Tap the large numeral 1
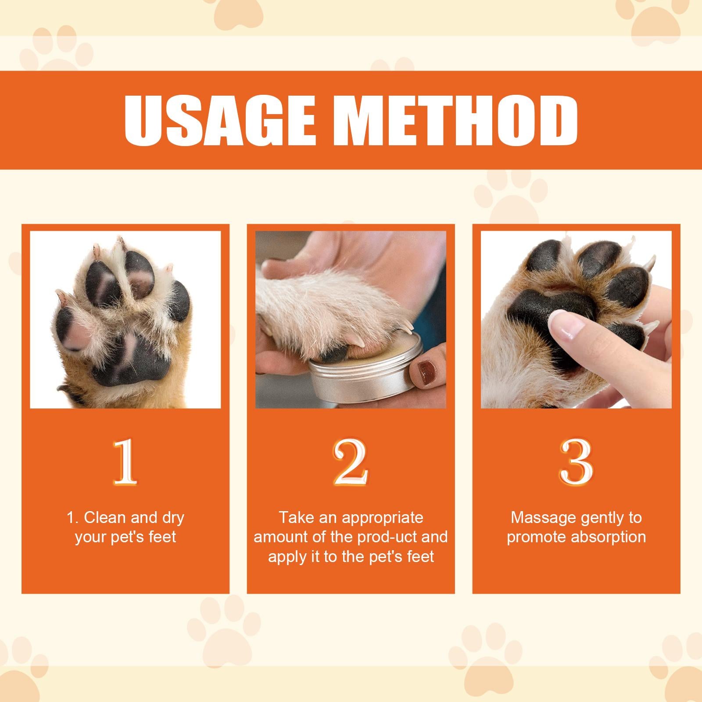coord(125,462)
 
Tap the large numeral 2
coord(350,462)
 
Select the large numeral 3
coord(576,462)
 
